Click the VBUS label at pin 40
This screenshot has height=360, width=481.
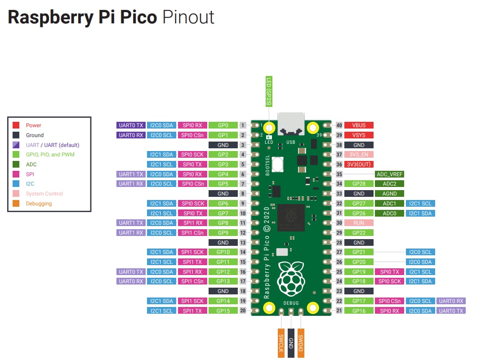coord(359,125)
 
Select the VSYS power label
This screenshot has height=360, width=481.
coord(359,135)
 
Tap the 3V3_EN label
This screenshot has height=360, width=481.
coord(359,155)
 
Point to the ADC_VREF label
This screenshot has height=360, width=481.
coord(389,174)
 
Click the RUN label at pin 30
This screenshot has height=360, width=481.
coord(359,223)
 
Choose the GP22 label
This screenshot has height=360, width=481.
coord(359,233)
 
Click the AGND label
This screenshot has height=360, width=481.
coord(389,194)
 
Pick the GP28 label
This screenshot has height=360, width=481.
coord(359,184)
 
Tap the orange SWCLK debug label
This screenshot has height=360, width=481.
coord(281,343)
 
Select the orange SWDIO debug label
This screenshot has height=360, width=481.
coord(301,343)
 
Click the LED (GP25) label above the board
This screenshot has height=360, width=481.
coord(269,91)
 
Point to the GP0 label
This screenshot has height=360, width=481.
coord(223,125)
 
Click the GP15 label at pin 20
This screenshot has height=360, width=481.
coord(223,311)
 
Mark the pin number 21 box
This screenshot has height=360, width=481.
coord(339,311)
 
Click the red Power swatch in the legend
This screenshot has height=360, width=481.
coord(16,125)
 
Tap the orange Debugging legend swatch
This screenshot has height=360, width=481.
coord(16,203)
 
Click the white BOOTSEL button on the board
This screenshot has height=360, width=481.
coord(277,164)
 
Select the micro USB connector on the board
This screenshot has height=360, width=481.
coord(291,124)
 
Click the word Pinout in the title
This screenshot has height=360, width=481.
coord(188,17)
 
